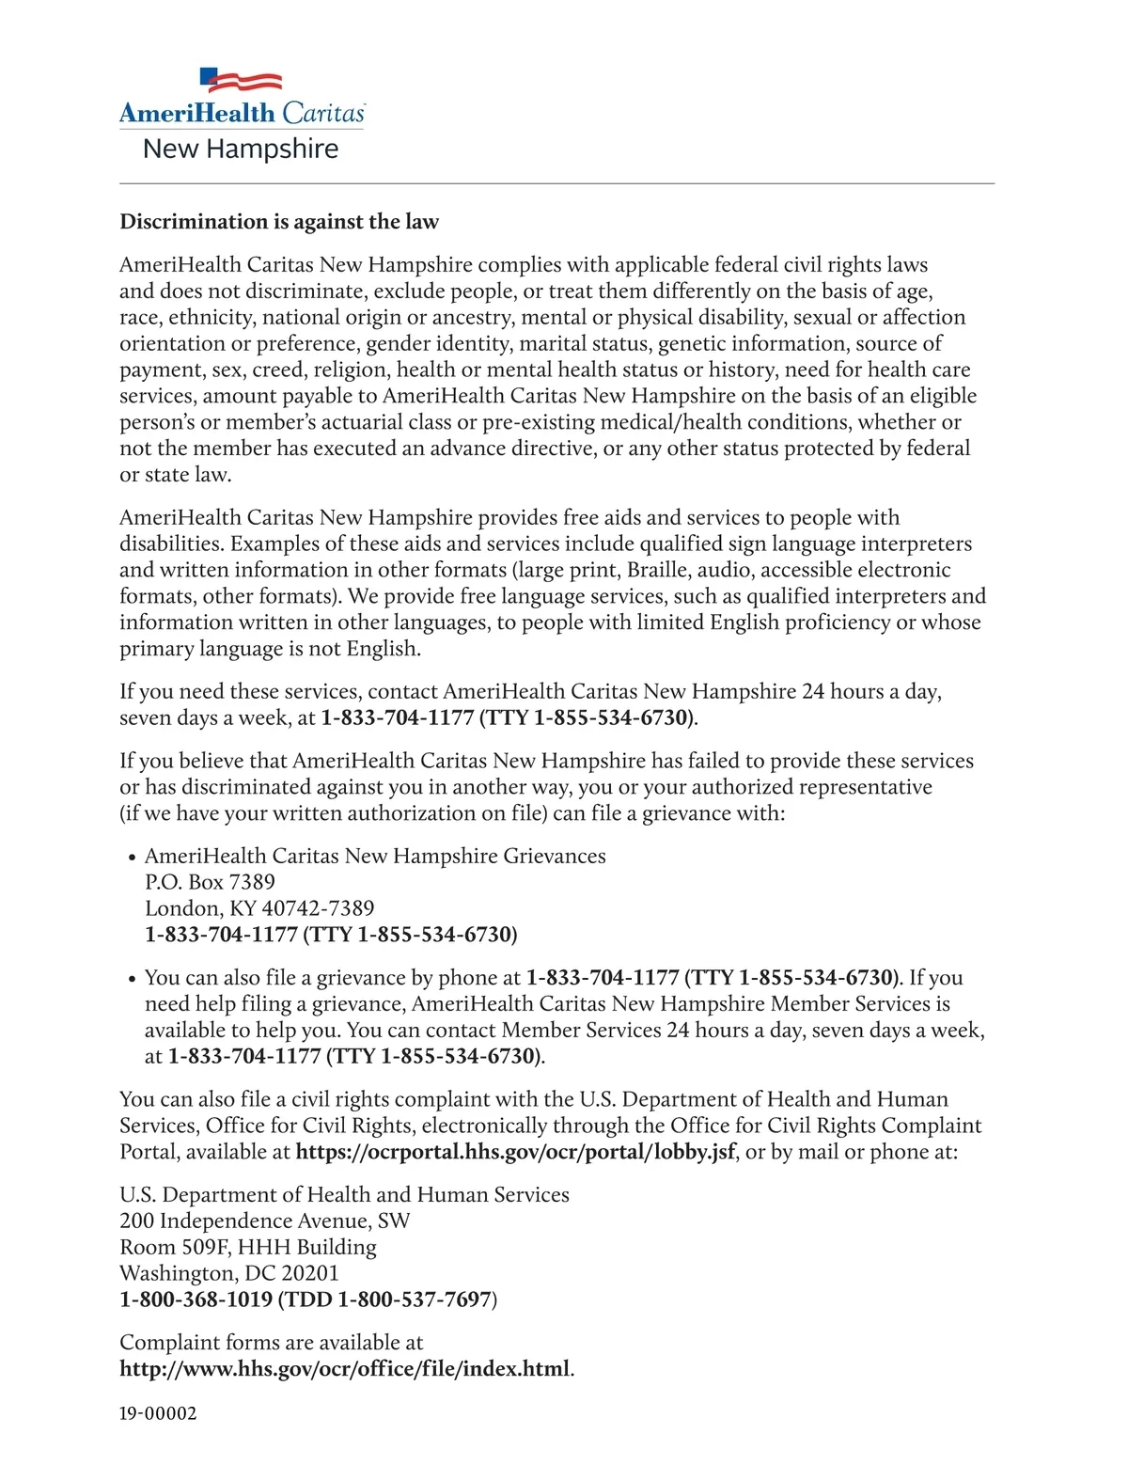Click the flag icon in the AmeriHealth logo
click(x=242, y=81)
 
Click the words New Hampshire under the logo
click(x=241, y=150)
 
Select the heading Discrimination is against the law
click(x=279, y=222)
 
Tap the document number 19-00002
click(x=158, y=1414)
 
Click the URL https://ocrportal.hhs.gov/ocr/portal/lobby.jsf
click(x=515, y=1152)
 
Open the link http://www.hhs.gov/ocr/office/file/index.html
click(x=344, y=1369)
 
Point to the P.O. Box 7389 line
click(x=210, y=882)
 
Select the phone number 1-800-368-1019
click(x=196, y=1300)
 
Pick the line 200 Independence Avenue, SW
click(x=265, y=1221)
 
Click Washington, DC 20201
click(x=229, y=1273)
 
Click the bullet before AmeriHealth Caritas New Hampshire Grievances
click(x=132, y=858)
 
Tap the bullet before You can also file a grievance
click(x=132, y=979)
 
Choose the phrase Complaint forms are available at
click(x=271, y=1343)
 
